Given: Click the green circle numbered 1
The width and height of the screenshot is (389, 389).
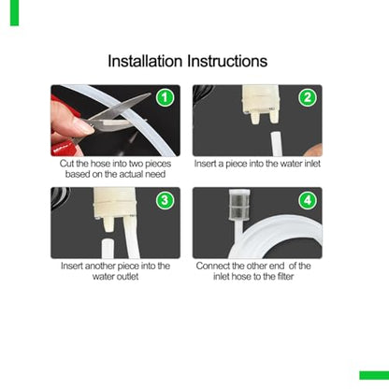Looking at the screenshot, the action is tap(166, 97).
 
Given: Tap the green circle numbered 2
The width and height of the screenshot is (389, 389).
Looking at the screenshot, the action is tap(308, 97).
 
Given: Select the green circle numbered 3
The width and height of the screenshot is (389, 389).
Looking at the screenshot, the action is tap(166, 200).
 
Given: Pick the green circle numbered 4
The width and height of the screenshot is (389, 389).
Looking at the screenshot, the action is tap(308, 200).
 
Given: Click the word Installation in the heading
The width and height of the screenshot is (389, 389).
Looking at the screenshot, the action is tap(145, 61).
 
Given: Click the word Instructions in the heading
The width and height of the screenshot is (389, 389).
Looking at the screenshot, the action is tap(227, 61).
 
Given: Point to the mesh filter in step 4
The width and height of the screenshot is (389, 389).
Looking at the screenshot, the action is tap(238, 205).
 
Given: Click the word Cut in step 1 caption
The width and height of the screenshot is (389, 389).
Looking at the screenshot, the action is tap(66, 164).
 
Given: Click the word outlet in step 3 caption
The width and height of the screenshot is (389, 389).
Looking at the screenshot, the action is tap(127, 277).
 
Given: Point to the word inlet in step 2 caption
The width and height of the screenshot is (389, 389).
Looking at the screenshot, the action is tap(312, 164).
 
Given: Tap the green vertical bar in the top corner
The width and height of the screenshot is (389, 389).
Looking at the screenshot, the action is tap(14, 13).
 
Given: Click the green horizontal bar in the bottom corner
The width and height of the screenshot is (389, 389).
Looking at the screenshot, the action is tap(374, 375).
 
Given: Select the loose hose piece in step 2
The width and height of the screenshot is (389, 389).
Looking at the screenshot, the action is tap(275, 144).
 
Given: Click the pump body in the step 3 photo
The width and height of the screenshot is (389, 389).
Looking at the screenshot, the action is tap(115, 204).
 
